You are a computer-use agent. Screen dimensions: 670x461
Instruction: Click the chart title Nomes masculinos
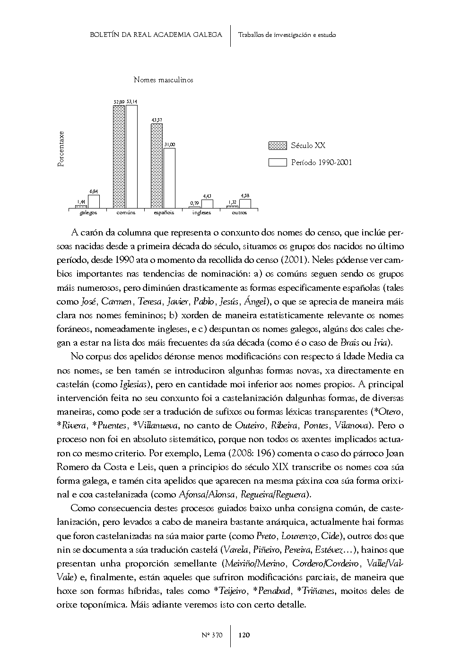163,80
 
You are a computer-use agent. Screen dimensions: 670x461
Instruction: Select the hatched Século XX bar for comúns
119,156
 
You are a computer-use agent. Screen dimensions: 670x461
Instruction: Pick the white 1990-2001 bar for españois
169,178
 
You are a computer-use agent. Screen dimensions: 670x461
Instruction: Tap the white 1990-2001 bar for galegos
94,201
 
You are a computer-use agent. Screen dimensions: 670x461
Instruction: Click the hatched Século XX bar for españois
157,165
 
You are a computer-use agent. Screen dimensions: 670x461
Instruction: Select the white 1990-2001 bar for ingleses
207,204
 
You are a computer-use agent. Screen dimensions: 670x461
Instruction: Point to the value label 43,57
157,120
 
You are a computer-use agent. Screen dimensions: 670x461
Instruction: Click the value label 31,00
169,144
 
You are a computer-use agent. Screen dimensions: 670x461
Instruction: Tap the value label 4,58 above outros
245,195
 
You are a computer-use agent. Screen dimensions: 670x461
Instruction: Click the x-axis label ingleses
201,213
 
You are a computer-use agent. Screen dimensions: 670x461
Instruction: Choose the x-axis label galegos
88,213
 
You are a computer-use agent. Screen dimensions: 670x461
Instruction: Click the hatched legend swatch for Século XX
278,146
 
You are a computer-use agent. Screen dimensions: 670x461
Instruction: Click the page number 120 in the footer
244,635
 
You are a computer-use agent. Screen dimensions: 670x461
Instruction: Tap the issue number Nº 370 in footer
211,635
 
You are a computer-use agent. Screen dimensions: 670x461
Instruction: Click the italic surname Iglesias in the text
136,384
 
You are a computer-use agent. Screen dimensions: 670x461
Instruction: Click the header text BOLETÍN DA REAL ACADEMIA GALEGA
156,35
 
